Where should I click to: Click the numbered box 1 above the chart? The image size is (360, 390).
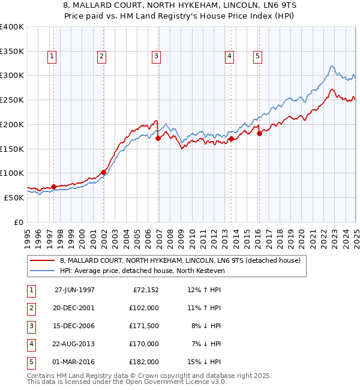52,57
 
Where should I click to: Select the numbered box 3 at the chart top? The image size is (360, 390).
156,57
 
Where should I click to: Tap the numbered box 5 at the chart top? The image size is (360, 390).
257,57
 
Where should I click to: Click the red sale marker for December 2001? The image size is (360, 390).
103,172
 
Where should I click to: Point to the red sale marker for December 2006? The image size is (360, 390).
158,138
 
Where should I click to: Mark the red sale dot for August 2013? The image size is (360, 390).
231,139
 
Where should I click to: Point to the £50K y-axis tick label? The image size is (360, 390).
14,197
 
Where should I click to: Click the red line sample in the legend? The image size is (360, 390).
43,260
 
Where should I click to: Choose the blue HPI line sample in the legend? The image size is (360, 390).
43,271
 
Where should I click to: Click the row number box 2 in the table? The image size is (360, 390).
30,308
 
